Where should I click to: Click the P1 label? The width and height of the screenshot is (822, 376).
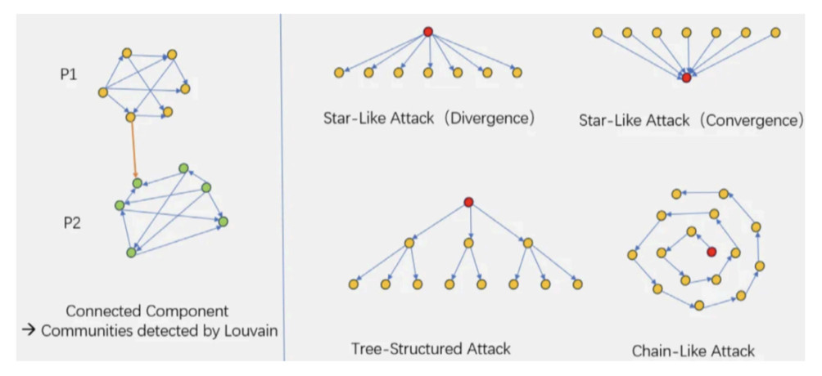coord(69,74)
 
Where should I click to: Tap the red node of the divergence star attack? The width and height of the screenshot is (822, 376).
coord(427,32)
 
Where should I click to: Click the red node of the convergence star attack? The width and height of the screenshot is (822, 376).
coord(686,78)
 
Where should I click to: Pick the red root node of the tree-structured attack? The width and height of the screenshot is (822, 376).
coord(468,202)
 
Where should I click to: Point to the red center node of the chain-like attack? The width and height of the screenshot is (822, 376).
coord(711,251)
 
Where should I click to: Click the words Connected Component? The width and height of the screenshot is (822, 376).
coord(147,311)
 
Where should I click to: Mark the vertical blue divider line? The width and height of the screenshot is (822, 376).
coord(282,188)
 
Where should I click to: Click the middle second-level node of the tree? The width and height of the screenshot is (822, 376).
coord(468,243)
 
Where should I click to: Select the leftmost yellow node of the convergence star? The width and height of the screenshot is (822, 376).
coord(598,33)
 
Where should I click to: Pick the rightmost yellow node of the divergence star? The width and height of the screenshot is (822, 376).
coord(517,73)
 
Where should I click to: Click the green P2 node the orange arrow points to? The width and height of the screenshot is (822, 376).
coord(138,183)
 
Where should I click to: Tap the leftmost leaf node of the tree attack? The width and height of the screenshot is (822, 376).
coord(354,284)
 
